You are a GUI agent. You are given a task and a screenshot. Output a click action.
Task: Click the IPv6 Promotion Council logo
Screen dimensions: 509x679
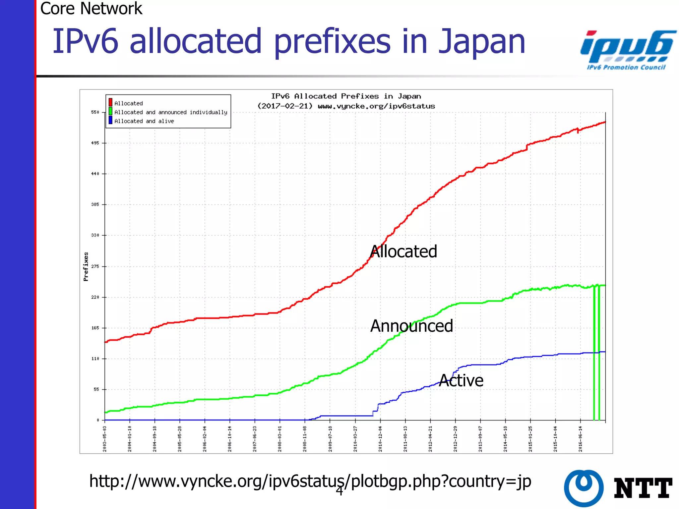point(627,50)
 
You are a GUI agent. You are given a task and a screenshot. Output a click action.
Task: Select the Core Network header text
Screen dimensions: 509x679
point(91,8)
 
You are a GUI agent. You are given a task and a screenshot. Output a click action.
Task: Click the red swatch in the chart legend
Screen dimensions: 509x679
point(110,103)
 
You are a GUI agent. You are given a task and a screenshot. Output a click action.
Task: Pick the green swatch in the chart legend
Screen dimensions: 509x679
point(110,112)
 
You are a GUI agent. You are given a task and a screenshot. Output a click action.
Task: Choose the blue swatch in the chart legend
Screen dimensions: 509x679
point(110,121)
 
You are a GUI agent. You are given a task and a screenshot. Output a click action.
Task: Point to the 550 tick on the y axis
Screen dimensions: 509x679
point(95,112)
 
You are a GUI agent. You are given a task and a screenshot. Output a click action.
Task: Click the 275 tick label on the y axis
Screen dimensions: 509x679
point(95,266)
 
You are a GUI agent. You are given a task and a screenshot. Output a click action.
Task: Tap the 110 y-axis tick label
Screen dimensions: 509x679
point(95,359)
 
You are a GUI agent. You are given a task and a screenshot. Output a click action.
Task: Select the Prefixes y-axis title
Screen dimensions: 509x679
point(86,266)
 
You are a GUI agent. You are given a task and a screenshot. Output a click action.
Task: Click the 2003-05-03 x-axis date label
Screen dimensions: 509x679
point(105,439)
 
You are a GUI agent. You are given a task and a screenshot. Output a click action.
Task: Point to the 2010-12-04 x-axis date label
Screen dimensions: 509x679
point(380,439)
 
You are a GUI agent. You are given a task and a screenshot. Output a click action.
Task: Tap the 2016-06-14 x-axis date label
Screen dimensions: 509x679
point(581,439)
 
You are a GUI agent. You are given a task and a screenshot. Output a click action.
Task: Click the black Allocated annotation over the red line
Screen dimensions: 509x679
point(403,252)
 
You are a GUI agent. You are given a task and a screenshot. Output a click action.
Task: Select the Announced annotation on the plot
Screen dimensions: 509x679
point(411,326)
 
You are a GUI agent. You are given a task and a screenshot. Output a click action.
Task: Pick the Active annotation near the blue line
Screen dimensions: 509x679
point(461,380)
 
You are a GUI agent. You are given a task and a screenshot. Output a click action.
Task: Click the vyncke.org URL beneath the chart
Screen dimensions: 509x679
point(310,481)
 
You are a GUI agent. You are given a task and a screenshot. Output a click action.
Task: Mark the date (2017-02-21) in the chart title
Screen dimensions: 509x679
point(285,106)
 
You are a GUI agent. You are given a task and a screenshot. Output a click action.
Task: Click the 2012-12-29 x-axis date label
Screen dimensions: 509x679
point(455,439)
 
